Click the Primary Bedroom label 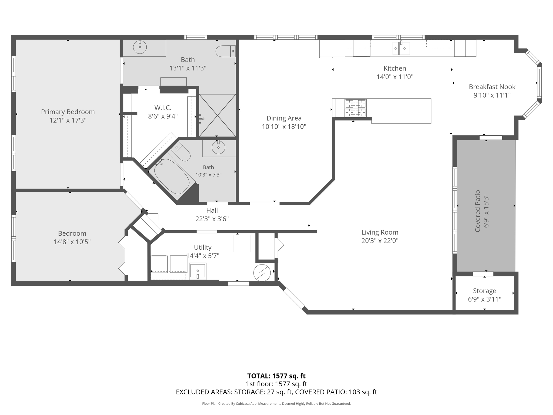68,112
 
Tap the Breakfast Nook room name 492,87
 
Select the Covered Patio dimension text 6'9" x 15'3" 486,211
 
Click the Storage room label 485,291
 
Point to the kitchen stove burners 356,108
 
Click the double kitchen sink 401,48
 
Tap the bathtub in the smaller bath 172,176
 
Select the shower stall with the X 217,115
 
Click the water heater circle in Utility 262,273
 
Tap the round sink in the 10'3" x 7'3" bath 218,148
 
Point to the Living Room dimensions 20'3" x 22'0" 380,241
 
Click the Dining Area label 284,118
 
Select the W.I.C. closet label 163,108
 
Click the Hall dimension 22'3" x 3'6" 212,219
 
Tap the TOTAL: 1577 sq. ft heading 276,376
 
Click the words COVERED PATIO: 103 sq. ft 336,392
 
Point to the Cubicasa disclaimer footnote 276,404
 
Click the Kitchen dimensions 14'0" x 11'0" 395,77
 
